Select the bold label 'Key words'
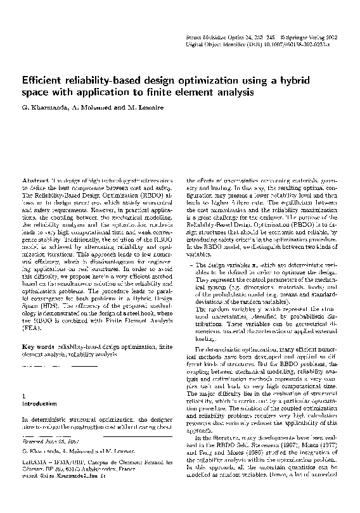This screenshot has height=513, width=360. point(37,348)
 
